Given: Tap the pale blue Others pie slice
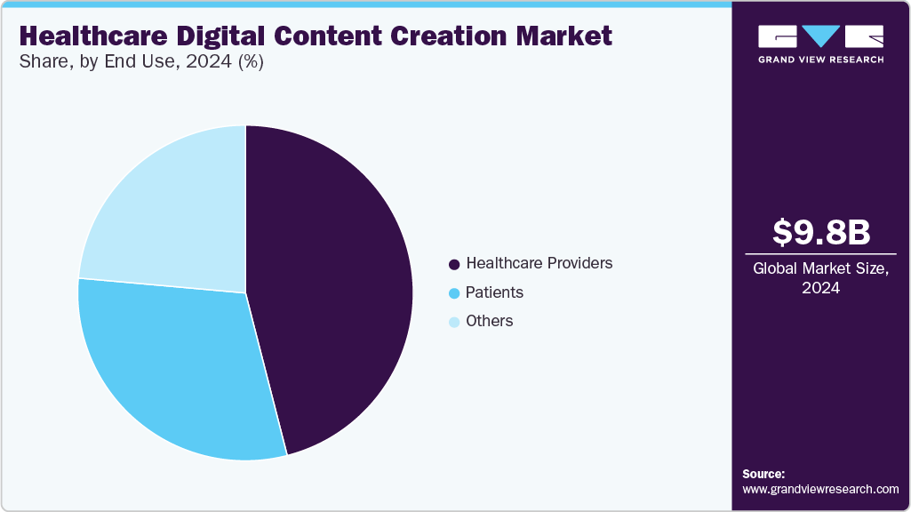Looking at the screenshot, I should click(169, 213).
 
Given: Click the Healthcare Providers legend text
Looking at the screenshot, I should click(539, 263).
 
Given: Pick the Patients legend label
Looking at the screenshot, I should click(494, 292).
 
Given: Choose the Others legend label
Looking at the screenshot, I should click(489, 321).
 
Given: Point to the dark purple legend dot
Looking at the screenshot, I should click(454, 264).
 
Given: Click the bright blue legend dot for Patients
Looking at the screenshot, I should click(454, 293).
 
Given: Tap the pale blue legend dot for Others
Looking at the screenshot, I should click(454, 322).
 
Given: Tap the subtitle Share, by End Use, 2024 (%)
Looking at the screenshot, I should click(140, 62).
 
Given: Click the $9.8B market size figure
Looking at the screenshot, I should click(820, 232).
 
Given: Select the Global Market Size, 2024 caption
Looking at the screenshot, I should click(820, 277).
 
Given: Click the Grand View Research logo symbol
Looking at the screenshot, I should click(820, 36).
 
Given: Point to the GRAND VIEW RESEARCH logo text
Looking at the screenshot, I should click(820, 60).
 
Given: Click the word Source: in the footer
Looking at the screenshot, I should click(763, 474).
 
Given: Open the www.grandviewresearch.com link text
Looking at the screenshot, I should click(820, 489).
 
